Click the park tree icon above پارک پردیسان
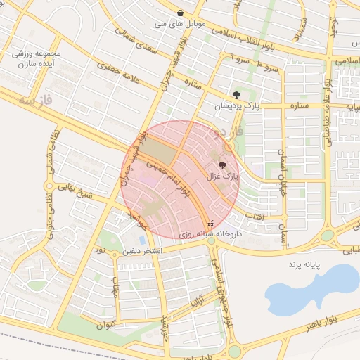click(236, 95)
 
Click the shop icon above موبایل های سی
click(181, 13)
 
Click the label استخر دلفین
click(143, 250)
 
